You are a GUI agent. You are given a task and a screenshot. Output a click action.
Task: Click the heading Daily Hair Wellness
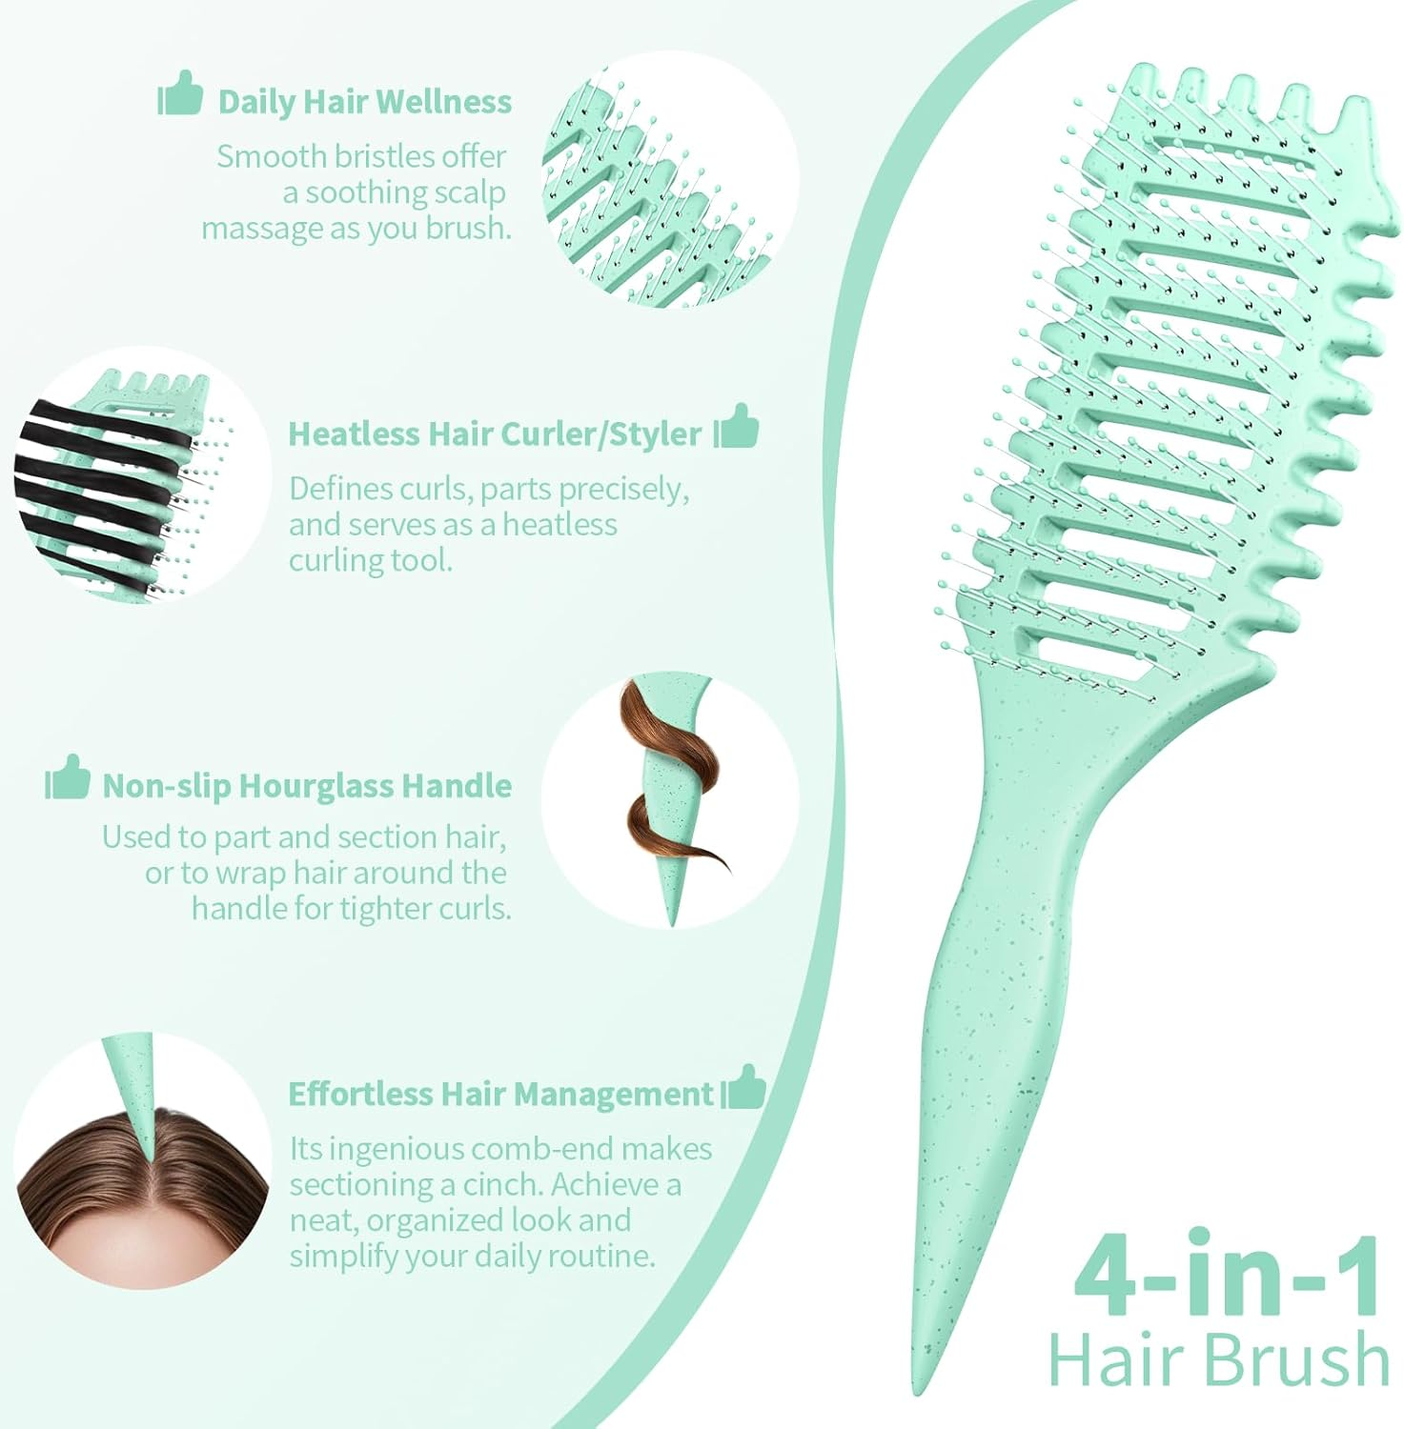coord(364,102)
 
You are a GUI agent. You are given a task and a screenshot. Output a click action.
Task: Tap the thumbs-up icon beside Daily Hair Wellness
coord(180,93)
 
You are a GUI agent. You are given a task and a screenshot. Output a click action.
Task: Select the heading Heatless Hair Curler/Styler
coord(495,434)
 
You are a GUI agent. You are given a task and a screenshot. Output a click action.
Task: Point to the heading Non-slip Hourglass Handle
coord(307,786)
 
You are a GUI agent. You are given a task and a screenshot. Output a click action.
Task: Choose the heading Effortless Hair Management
coord(501,1094)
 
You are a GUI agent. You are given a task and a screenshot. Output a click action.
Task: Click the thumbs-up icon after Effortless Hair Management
coord(743,1087)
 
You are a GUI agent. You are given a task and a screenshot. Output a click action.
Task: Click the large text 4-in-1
coord(1227,1277)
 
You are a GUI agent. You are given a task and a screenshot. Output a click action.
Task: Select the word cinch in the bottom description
coord(499,1185)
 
